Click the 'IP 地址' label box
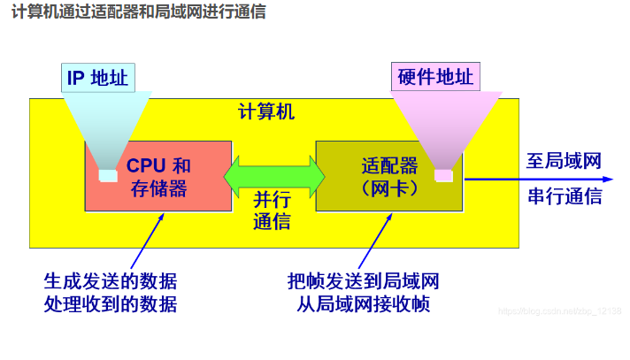(98, 78)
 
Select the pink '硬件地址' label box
(435, 76)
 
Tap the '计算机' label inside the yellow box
(266, 111)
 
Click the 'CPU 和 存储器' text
(158, 177)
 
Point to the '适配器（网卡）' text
(389, 177)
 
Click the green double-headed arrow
(274, 176)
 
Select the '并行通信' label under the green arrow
(272, 211)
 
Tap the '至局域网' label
(564, 161)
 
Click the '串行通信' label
(565, 196)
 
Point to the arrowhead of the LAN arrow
(608, 180)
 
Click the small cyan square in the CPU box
(108, 176)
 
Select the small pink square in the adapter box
(443, 176)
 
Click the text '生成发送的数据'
(111, 281)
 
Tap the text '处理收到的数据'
(111, 304)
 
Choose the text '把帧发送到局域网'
(363, 281)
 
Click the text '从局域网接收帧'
(363, 304)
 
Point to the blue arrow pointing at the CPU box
(148, 241)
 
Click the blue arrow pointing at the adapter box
(375, 241)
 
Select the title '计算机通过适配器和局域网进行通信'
(139, 11)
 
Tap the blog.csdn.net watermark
(560, 311)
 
